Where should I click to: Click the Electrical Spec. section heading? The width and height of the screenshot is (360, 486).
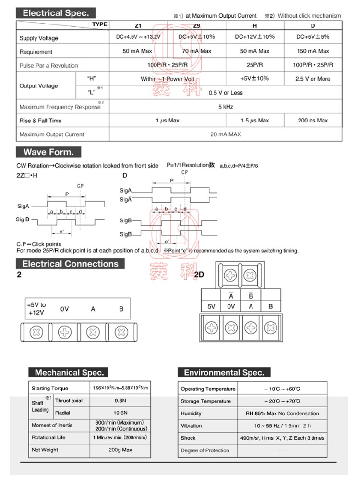56,13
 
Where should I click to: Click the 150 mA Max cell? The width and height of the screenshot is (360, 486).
312,51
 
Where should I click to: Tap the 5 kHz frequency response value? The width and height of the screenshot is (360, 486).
226,107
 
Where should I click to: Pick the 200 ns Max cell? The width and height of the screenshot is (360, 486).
312,121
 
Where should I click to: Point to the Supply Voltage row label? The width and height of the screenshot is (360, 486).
38,38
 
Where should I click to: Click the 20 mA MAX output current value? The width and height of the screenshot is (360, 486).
226,134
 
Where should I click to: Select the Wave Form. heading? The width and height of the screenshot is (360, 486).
48,153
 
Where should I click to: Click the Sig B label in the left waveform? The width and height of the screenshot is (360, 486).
23,219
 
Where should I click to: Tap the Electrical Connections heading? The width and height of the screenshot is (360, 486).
70,264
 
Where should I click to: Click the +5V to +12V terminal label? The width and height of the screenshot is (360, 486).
36,309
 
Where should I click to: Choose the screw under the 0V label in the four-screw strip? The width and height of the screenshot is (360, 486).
65,331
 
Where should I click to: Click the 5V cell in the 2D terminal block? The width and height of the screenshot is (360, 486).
212,306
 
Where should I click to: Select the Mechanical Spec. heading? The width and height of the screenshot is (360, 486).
69,372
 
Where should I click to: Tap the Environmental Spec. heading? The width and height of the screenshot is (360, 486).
224,372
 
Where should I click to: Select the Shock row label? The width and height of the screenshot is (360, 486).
188,438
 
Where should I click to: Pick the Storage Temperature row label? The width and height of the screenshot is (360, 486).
205,401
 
